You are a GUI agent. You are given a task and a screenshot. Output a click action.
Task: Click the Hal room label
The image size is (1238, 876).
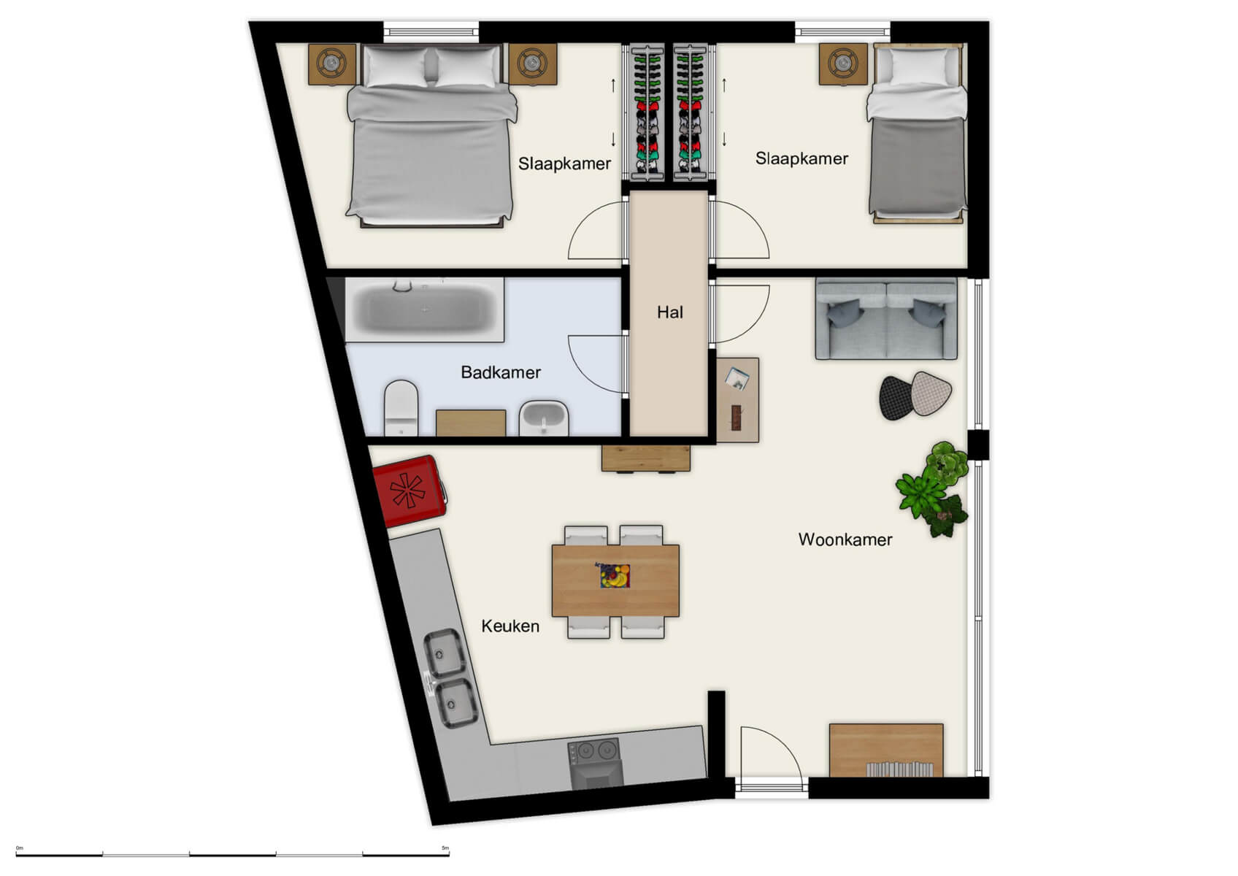pyautogui.click(x=669, y=312)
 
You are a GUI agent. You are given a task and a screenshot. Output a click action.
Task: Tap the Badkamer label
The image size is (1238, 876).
pyautogui.click(x=501, y=372)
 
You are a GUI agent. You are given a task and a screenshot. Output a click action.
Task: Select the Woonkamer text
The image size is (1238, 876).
pyautogui.click(x=845, y=539)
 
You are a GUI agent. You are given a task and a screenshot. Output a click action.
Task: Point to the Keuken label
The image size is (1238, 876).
pyautogui.click(x=510, y=626)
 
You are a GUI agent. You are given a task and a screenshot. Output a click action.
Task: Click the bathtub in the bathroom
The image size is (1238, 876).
pyautogui.click(x=424, y=309)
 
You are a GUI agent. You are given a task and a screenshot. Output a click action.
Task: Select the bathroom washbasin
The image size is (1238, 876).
pyautogui.click(x=544, y=418)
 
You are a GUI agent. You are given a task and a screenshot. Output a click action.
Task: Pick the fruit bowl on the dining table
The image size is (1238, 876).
pyautogui.click(x=615, y=575)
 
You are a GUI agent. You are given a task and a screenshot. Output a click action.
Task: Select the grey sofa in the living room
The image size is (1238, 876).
pyautogui.click(x=885, y=319)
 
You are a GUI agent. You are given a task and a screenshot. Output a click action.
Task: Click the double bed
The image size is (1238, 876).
pyautogui.click(x=431, y=135)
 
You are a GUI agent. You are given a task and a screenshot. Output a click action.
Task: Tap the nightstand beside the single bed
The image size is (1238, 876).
pyautogui.click(x=843, y=64)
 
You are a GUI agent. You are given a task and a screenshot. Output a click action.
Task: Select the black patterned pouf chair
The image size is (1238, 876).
pyautogui.click(x=896, y=397)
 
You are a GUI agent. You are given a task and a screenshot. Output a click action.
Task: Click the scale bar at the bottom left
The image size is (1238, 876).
pyautogui.click(x=232, y=853)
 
